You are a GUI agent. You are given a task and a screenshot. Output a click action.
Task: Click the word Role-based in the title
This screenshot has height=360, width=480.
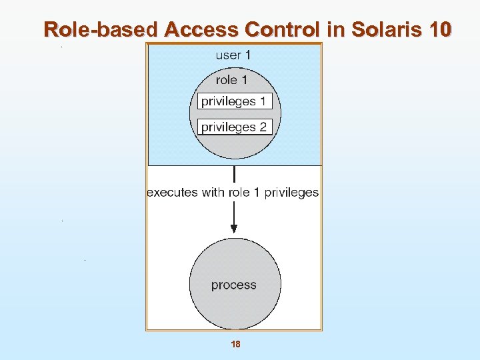click(x=101, y=29)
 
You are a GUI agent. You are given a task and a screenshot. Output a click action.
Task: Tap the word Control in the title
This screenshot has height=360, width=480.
click(x=284, y=29)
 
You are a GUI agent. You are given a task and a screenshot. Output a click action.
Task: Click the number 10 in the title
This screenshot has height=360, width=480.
click(x=440, y=29)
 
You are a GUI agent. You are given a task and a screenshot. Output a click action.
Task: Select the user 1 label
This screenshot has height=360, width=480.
click(x=233, y=55)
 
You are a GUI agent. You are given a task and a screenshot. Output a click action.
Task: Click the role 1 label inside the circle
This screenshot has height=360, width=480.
click(x=231, y=80)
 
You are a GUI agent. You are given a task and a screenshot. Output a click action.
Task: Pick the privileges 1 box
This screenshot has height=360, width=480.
click(x=235, y=102)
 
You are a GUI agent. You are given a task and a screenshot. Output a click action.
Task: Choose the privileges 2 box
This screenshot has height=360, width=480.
click(x=235, y=127)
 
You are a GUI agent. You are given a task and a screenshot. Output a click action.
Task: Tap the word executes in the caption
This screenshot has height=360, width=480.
click(x=172, y=193)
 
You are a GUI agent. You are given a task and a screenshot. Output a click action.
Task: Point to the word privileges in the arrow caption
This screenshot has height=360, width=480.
click(x=291, y=193)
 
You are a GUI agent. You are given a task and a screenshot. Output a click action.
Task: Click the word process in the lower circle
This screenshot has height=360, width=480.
click(x=233, y=285)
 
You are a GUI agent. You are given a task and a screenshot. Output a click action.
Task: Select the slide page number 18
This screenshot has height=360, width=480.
click(x=235, y=345)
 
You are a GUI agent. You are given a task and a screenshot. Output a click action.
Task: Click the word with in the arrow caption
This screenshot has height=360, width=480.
click(x=213, y=193)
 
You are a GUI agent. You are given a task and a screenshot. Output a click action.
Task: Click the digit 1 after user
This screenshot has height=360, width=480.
click(x=247, y=55)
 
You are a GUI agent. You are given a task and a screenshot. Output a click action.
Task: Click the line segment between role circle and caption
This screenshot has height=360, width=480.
click(x=234, y=175)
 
